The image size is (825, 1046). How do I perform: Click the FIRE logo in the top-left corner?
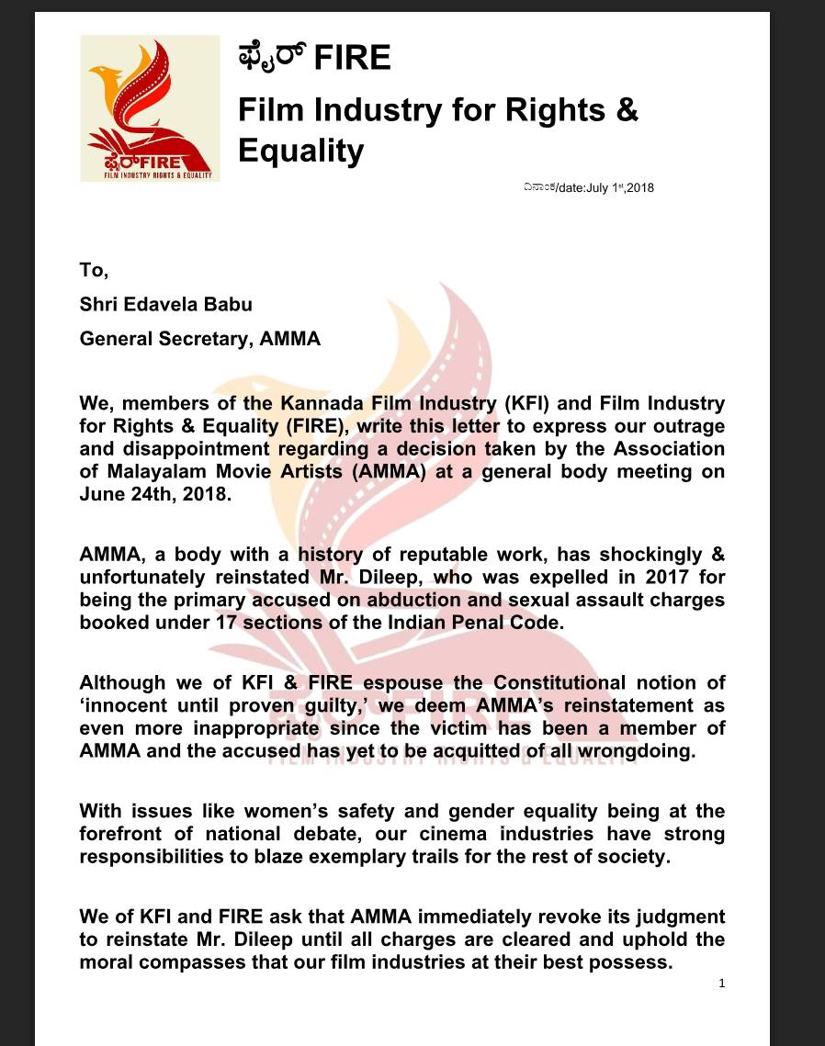click(150, 108)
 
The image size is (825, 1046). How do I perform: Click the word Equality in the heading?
click(300, 150)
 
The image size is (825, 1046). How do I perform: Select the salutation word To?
click(94, 270)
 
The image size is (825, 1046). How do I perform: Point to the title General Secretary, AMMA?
click(200, 338)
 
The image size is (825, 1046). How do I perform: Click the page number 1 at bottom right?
click(722, 984)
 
